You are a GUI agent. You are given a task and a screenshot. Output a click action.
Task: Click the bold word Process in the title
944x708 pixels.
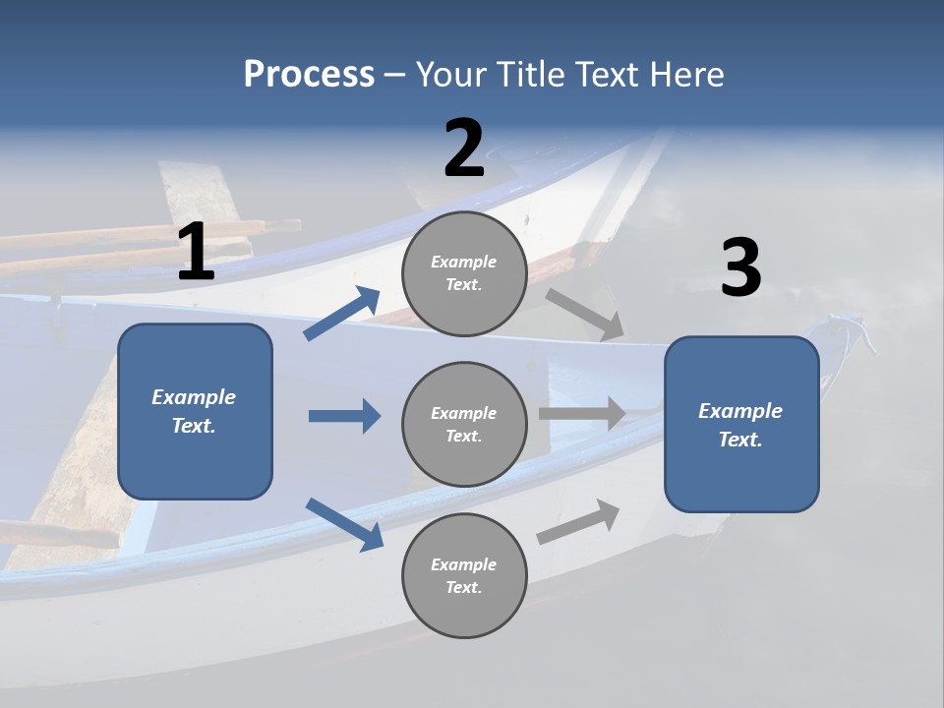(x=309, y=75)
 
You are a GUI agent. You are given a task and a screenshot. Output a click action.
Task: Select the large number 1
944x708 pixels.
(x=196, y=253)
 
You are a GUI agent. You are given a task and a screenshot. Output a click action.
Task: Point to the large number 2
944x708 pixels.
(x=464, y=148)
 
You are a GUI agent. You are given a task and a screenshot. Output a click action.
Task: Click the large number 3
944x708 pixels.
(x=740, y=268)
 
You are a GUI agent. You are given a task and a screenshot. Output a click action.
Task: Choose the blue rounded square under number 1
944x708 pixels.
(x=195, y=411)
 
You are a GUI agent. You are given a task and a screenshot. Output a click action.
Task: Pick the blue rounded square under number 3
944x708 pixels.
(x=741, y=424)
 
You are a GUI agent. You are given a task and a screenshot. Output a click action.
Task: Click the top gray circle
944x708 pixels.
(x=464, y=273)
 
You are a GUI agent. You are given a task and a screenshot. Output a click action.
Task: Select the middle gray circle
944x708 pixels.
(x=464, y=424)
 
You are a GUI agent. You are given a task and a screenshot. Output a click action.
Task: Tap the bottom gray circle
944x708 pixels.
(x=464, y=575)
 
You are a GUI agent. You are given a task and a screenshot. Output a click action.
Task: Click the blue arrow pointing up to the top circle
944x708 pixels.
(x=341, y=314)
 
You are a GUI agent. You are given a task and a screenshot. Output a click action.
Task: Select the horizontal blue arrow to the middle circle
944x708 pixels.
(x=344, y=416)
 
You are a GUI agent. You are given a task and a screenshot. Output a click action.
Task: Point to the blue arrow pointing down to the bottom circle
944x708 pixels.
(x=344, y=523)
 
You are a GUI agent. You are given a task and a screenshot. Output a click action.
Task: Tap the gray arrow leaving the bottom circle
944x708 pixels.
(x=578, y=521)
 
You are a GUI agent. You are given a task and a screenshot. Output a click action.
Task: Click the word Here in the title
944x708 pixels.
(x=687, y=75)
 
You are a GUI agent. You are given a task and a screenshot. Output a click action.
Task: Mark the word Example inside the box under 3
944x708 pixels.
(x=740, y=411)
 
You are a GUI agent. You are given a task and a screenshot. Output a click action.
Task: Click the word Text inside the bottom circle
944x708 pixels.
(x=463, y=587)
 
